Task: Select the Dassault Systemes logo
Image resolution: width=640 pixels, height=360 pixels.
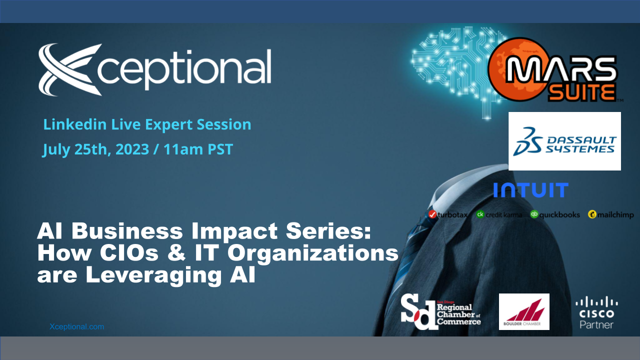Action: [564, 141]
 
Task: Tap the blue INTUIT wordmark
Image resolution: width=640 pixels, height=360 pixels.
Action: [530, 190]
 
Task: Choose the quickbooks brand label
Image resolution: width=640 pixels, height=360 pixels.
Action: [555, 214]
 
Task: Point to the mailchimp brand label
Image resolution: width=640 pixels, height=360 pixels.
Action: [611, 214]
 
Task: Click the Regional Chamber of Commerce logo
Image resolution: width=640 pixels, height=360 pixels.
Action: [441, 312]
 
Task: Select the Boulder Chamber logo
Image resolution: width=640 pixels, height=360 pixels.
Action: [524, 311]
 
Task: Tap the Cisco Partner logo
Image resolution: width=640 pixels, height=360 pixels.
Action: [596, 312]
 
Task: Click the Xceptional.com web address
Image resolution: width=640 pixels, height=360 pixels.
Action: [77, 326]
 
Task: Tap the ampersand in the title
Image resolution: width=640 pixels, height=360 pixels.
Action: [179, 254]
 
